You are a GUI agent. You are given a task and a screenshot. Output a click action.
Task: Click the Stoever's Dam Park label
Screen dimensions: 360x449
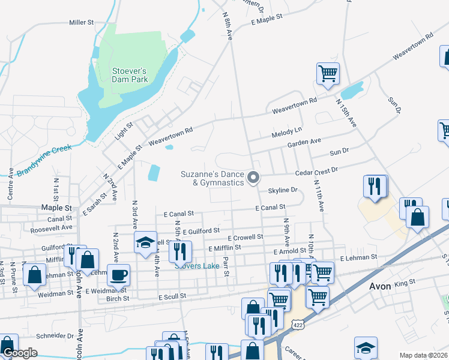click(x=129, y=75)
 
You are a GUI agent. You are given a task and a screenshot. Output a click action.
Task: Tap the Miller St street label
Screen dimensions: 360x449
click(x=82, y=22)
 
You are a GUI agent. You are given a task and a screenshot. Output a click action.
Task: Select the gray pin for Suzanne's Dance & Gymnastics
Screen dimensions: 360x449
click(x=253, y=176)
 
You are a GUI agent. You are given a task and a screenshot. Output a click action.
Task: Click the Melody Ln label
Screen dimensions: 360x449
click(x=286, y=131)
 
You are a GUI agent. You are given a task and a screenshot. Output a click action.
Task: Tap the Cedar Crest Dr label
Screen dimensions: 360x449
click(x=317, y=170)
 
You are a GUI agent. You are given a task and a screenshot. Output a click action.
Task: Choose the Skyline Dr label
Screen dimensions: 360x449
click(x=283, y=190)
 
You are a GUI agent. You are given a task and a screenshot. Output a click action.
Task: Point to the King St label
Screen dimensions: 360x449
click(x=405, y=282)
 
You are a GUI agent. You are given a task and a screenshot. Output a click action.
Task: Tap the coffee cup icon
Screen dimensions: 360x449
click(x=118, y=274)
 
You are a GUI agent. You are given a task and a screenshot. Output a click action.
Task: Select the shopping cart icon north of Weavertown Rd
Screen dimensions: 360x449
click(x=328, y=74)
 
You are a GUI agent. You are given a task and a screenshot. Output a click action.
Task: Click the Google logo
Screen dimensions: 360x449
click(x=20, y=353)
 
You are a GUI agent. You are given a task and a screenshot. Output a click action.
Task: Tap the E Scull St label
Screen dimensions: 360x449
click(x=172, y=296)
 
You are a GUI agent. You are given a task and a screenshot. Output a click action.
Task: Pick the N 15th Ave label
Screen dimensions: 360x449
click(x=346, y=113)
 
